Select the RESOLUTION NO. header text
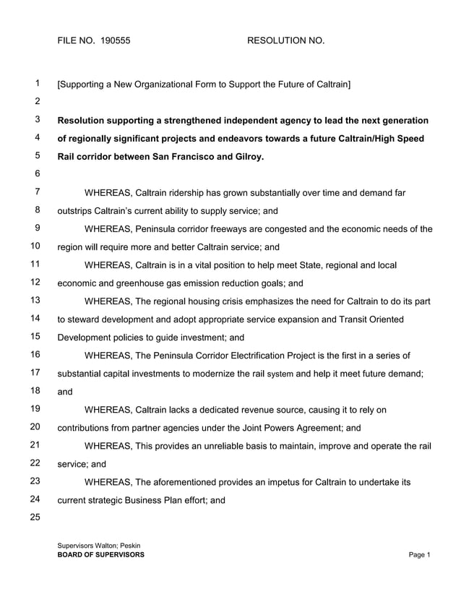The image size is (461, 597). tap(285, 41)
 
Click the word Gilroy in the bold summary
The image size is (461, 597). tap(246, 156)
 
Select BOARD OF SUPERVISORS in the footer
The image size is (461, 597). tap(100, 555)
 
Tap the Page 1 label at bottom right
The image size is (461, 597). tap(419, 555)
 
